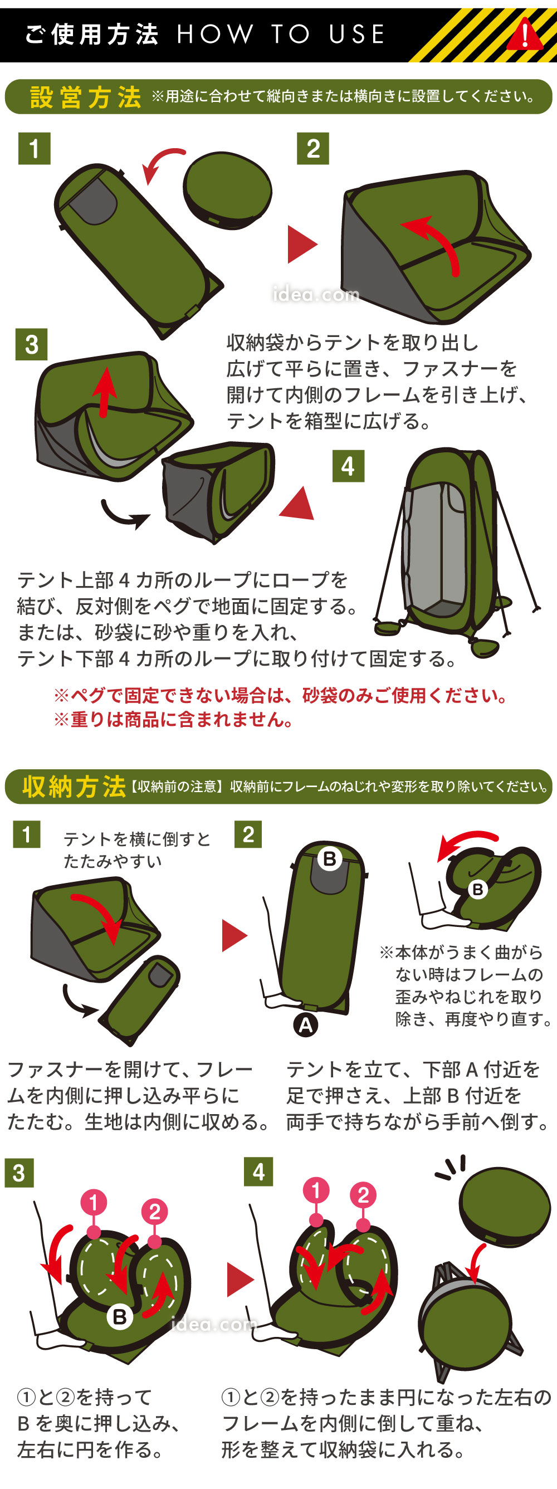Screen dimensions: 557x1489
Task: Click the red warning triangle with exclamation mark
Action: coord(525,35)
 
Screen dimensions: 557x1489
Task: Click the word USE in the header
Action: coord(356,34)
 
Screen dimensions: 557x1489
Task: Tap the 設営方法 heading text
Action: coord(86,97)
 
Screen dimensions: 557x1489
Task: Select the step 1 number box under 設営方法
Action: coord(34,149)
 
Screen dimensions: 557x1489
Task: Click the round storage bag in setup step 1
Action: coord(228,190)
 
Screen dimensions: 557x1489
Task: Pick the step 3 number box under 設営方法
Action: coord(31,344)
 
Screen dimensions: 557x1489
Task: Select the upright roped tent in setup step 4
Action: coord(457,552)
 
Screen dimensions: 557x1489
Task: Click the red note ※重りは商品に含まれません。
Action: coord(174,720)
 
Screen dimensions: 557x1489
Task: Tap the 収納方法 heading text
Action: coord(74,787)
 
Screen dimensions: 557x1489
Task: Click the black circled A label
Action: coord(306,1025)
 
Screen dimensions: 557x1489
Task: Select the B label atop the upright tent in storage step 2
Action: coord(329,858)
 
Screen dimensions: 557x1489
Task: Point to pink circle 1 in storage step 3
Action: coord(94,1203)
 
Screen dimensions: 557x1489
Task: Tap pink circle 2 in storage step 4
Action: coord(363,1195)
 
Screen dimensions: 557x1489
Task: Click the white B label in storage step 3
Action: coord(120,1317)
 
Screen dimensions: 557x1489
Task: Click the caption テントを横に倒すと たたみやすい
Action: coord(137,850)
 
